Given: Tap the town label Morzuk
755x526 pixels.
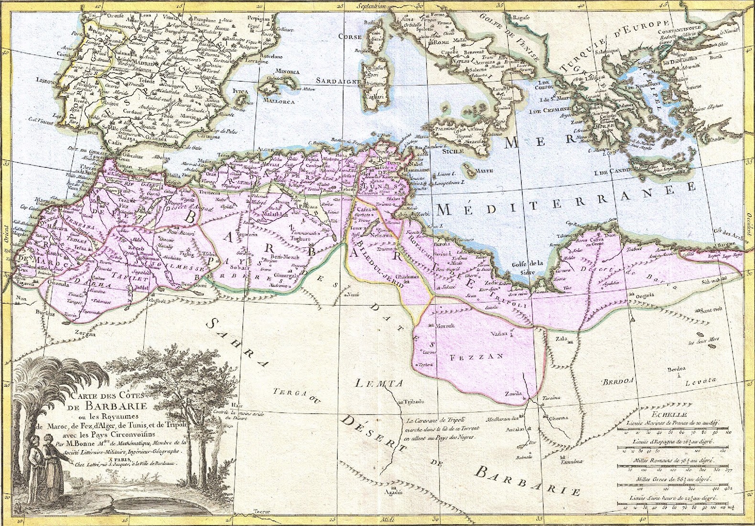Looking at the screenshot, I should point(445,326).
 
